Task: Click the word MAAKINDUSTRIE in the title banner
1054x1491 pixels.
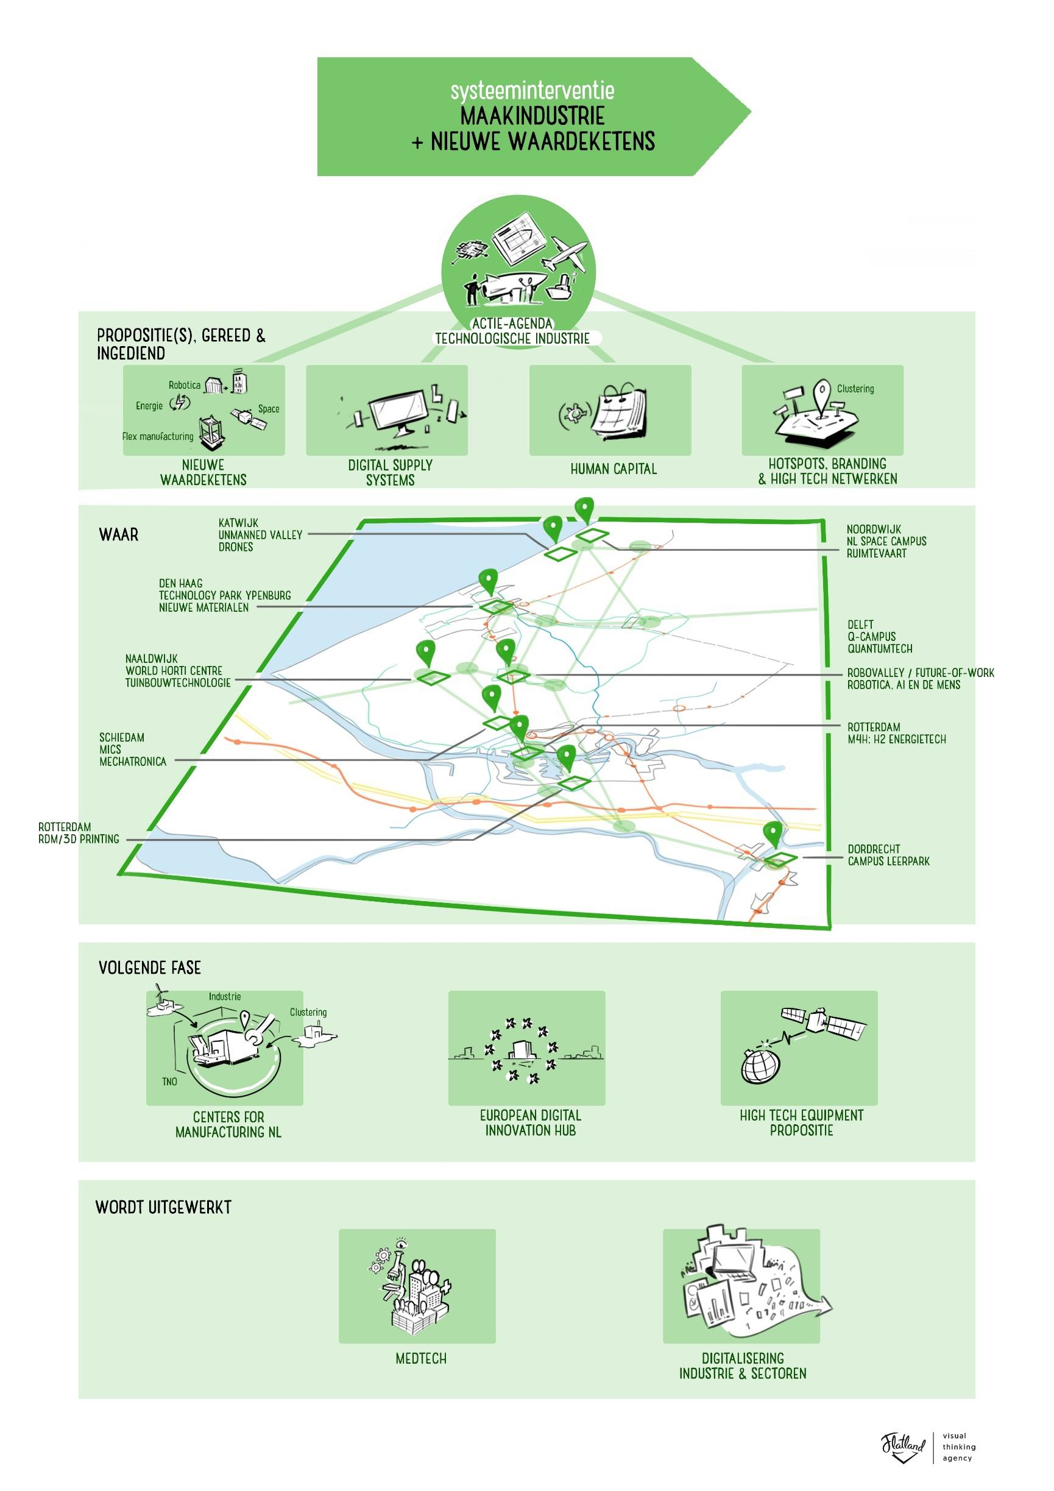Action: [532, 116]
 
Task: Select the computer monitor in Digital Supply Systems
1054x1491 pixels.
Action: [400, 411]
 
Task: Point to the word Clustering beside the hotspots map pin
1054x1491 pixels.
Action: [855, 388]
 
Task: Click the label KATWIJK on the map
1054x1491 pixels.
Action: [238, 523]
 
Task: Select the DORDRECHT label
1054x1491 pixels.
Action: [874, 849]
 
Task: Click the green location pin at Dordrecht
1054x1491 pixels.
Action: [772, 832]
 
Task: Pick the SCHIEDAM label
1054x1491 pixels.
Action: [121, 738]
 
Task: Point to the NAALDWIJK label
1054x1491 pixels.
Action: [151, 659]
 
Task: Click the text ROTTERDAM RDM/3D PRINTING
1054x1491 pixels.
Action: [79, 833]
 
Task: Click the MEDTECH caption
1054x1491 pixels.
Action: [421, 1358]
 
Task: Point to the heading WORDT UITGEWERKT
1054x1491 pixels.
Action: [163, 1207]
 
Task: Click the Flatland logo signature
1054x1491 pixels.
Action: [903, 1446]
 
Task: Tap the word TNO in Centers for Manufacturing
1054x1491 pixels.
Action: [169, 1082]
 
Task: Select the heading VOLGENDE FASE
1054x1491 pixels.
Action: [149, 968]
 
